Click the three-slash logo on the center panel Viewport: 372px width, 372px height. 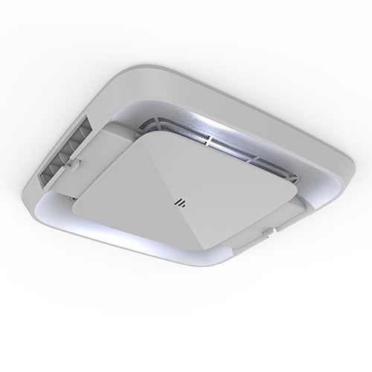coord(179,201)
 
